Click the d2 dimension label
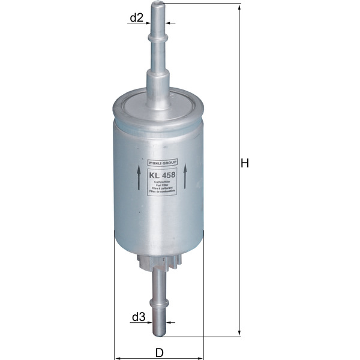[x=136, y=18]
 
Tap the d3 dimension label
[x=139, y=316]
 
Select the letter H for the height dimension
[x=244, y=163]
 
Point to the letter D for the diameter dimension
[x=160, y=352]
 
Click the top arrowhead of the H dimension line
[x=239, y=7]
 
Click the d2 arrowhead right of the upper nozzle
[x=169, y=23]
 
